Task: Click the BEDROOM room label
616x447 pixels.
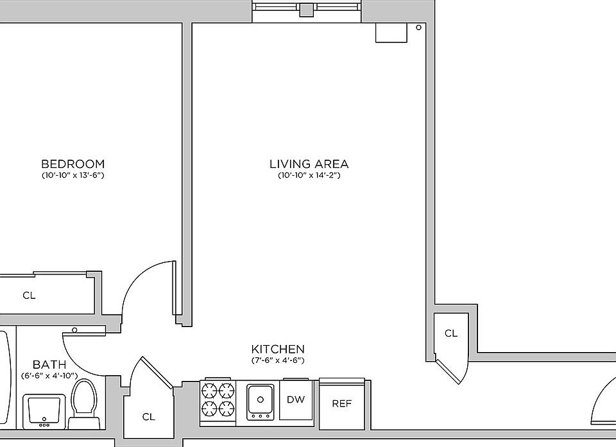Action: [73, 164]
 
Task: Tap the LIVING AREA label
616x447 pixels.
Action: [309, 164]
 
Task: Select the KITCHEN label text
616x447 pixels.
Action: [278, 349]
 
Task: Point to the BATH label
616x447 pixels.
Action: [49, 364]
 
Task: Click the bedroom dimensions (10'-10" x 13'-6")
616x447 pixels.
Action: [73, 175]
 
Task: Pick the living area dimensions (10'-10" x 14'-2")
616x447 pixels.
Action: [309, 175]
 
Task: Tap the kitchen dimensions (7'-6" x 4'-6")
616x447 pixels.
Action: [278, 360]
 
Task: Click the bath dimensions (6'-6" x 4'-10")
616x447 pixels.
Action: [49, 376]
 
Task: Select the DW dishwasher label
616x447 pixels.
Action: [296, 400]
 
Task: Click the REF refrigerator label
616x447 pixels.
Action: [342, 403]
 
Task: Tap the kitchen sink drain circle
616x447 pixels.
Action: [260, 400]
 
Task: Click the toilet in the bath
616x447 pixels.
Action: [83, 404]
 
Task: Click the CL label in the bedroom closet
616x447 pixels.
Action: [29, 296]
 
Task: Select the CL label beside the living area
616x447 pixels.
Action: [451, 333]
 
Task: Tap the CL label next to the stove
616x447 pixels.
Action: [148, 417]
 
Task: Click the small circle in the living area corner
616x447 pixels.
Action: [419, 28]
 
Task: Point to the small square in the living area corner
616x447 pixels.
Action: [391, 33]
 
